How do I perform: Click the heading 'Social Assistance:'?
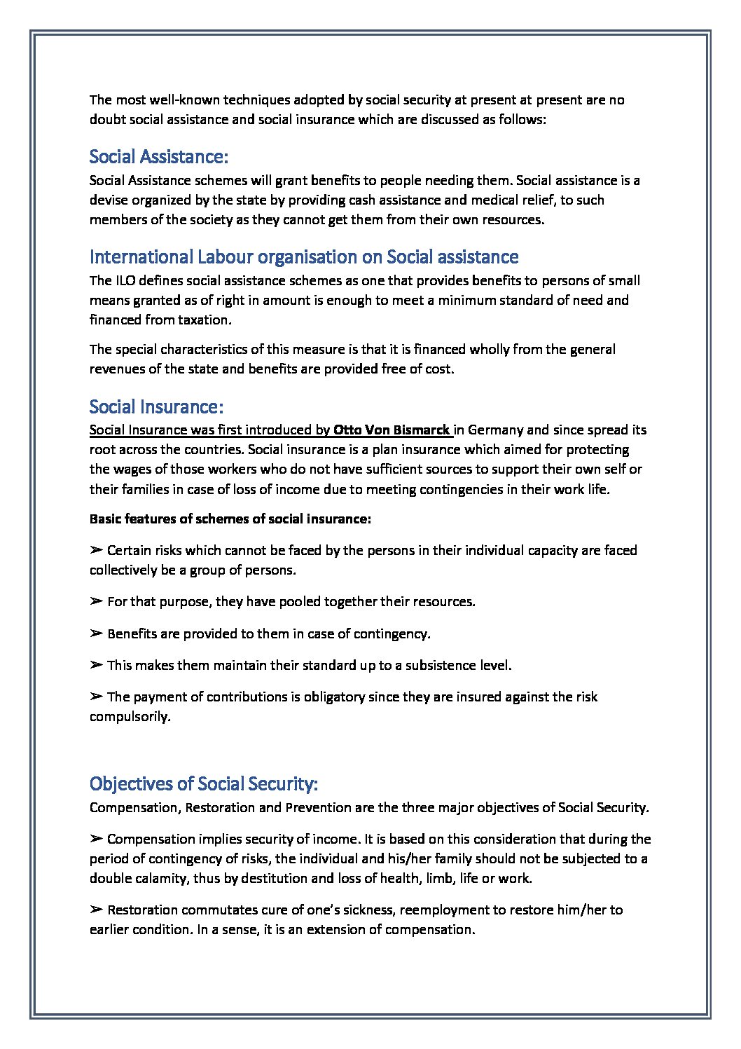pos(159,156)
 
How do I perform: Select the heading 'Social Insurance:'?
pos(156,406)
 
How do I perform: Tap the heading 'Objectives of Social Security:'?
pos(204,783)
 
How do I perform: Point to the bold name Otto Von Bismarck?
pos(392,430)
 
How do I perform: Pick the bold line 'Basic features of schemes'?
pos(230,519)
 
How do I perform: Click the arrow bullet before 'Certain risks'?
pos(97,550)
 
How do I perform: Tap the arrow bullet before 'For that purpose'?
pos(97,601)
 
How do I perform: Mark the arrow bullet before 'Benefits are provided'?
pos(97,633)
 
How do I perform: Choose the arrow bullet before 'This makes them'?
pos(97,665)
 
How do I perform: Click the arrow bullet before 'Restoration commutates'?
pos(97,910)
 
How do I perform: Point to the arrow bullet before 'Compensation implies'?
pos(97,839)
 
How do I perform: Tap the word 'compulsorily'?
pos(129,716)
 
